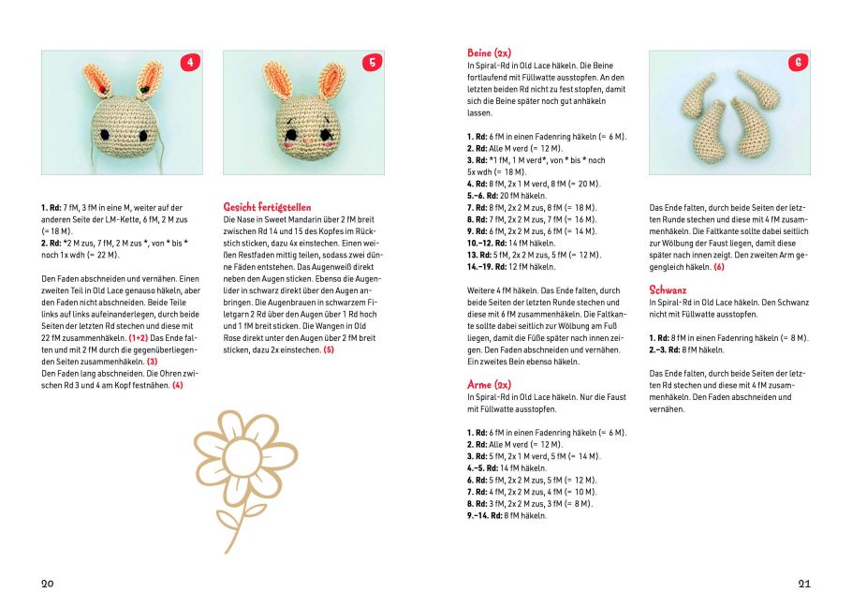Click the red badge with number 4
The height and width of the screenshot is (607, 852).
[x=191, y=63]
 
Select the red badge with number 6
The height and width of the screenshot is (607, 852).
[x=799, y=63]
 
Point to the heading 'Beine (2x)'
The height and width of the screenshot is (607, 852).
[x=489, y=52]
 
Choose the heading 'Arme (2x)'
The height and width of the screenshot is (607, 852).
[x=489, y=384]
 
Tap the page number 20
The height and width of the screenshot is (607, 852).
[x=48, y=584]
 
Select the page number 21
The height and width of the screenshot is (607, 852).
[x=804, y=584]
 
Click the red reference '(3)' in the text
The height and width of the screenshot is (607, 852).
[x=152, y=361]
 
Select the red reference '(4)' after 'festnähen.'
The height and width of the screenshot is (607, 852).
[x=177, y=385]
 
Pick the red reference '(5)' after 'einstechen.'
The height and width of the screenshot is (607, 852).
[x=328, y=349]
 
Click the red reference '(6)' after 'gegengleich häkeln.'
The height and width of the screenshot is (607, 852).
[x=718, y=267]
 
